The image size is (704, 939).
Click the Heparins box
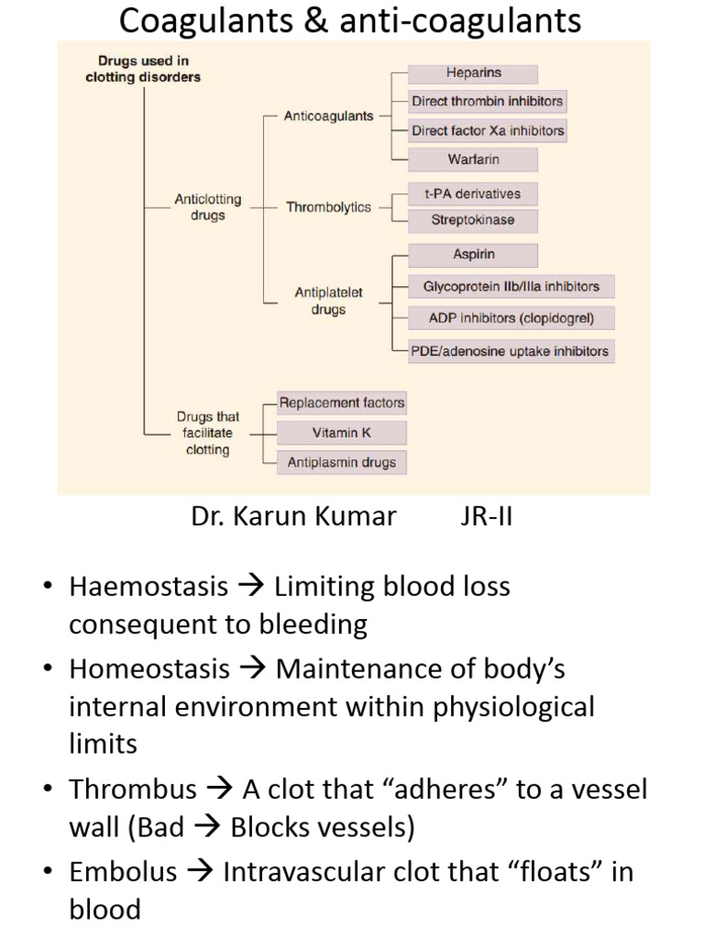(x=473, y=73)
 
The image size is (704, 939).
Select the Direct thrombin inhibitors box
(x=487, y=101)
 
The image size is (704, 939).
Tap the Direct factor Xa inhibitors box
(x=487, y=130)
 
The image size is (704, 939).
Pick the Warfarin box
(x=473, y=160)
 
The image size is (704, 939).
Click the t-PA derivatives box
(x=473, y=193)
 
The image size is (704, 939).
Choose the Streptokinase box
(x=473, y=220)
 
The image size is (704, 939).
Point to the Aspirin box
(x=473, y=255)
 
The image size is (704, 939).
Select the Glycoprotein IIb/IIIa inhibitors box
(x=511, y=286)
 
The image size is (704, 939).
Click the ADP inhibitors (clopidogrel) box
(x=511, y=318)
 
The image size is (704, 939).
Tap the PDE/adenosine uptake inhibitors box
(x=511, y=350)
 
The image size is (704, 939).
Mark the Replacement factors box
(x=341, y=403)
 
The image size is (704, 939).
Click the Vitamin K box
(x=341, y=433)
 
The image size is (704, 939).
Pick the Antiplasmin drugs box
(x=341, y=462)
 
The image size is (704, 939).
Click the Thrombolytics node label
(x=328, y=207)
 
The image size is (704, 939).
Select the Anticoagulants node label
(x=315, y=116)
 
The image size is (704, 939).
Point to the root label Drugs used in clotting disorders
(x=143, y=70)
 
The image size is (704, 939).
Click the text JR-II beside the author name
(x=486, y=516)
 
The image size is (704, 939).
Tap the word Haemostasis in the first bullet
(x=148, y=586)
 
